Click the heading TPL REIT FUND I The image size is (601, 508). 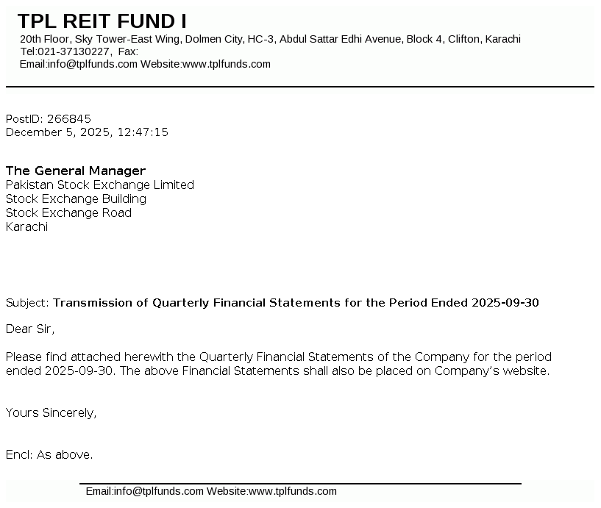pyautogui.click(x=102, y=21)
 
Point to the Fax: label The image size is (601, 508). pyautogui.click(x=128, y=51)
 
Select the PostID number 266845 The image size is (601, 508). pyautogui.click(x=69, y=118)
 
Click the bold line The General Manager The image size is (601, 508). pyautogui.click(x=76, y=171)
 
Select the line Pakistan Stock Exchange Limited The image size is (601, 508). pyautogui.click(x=100, y=185)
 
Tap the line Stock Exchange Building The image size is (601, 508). pyautogui.click(x=76, y=198)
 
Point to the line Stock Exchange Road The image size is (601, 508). pyautogui.click(x=68, y=212)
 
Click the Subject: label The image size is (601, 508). pyautogui.click(x=27, y=303)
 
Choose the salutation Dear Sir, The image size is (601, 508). pyautogui.click(x=30, y=329)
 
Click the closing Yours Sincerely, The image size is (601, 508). pyautogui.click(x=51, y=412)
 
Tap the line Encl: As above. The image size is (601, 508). pyautogui.click(x=49, y=455)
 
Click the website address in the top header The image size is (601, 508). pyautogui.click(x=227, y=64)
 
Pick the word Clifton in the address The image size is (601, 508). pyautogui.click(x=463, y=39)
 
